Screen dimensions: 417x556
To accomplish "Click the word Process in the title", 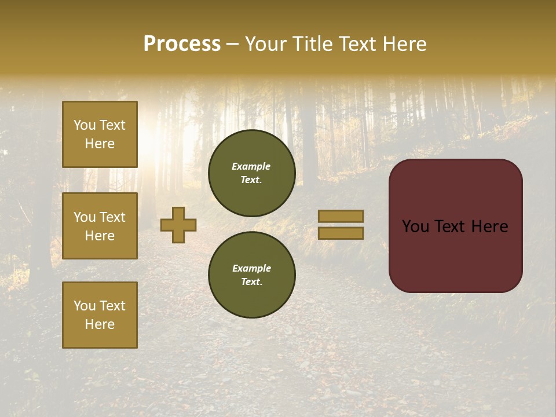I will pos(182,44).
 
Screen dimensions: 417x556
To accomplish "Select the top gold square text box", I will pos(100,134).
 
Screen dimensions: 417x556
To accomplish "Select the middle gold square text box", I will pos(100,226).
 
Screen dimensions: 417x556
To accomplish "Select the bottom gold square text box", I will pos(100,314).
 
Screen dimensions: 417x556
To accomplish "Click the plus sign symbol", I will pos(178,225).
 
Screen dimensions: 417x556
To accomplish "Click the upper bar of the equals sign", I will pos(341,216).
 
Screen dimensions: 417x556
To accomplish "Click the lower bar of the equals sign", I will pos(341,233).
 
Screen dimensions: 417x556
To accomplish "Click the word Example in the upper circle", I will pos(251,166).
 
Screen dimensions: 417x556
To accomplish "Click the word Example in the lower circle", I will pos(251,268).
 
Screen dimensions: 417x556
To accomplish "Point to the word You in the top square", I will pos(85,125).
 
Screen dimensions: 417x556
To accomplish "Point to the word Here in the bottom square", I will pos(100,324).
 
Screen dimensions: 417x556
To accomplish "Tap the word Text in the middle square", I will pos(112,217).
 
